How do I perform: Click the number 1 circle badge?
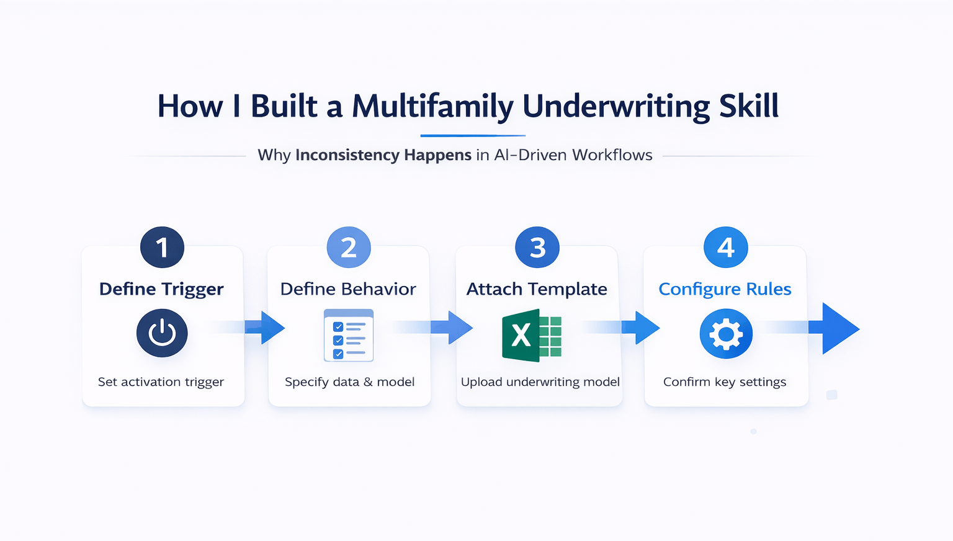tap(162, 248)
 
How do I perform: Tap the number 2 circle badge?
tap(349, 248)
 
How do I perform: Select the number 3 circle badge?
tap(537, 248)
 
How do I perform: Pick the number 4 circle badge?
tap(725, 248)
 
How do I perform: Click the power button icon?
tap(162, 333)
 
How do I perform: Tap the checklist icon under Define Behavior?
tap(349, 335)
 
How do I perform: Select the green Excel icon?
tap(532, 336)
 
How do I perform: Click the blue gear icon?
tap(726, 335)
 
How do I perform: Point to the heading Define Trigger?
tap(161, 289)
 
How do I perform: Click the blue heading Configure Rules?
tap(725, 289)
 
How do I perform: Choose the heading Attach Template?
tap(537, 289)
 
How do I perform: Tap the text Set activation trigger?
tap(161, 382)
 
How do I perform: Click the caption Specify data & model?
tap(349, 382)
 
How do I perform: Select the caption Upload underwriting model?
tap(540, 382)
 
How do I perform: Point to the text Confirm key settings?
tap(725, 382)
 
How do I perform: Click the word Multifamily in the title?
tap(432, 107)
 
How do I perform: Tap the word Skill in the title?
tap(748, 107)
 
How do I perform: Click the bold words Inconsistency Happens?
tap(383, 155)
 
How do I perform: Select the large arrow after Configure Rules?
tap(838, 329)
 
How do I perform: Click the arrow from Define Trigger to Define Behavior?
tap(267, 328)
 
